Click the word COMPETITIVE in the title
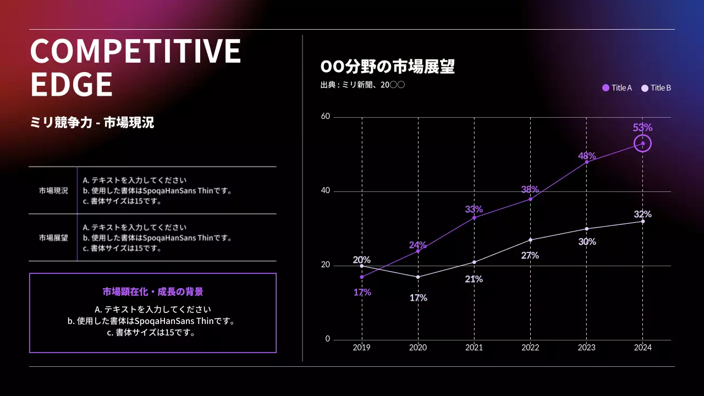point(135,51)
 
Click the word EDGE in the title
point(71,85)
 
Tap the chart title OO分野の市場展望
point(387,67)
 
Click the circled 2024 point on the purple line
point(642,144)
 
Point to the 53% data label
point(642,128)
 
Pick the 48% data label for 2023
point(587,156)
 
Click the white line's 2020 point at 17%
point(418,277)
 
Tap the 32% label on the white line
point(642,214)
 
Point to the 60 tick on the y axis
point(326,117)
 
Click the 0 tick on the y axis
point(328,339)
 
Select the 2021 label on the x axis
point(474,348)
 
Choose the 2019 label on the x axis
point(362,348)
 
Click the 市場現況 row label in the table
point(53,191)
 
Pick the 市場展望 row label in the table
point(53,238)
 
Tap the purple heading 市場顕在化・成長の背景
point(153,291)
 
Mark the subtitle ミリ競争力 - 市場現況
point(92,123)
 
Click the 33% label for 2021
point(474,209)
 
